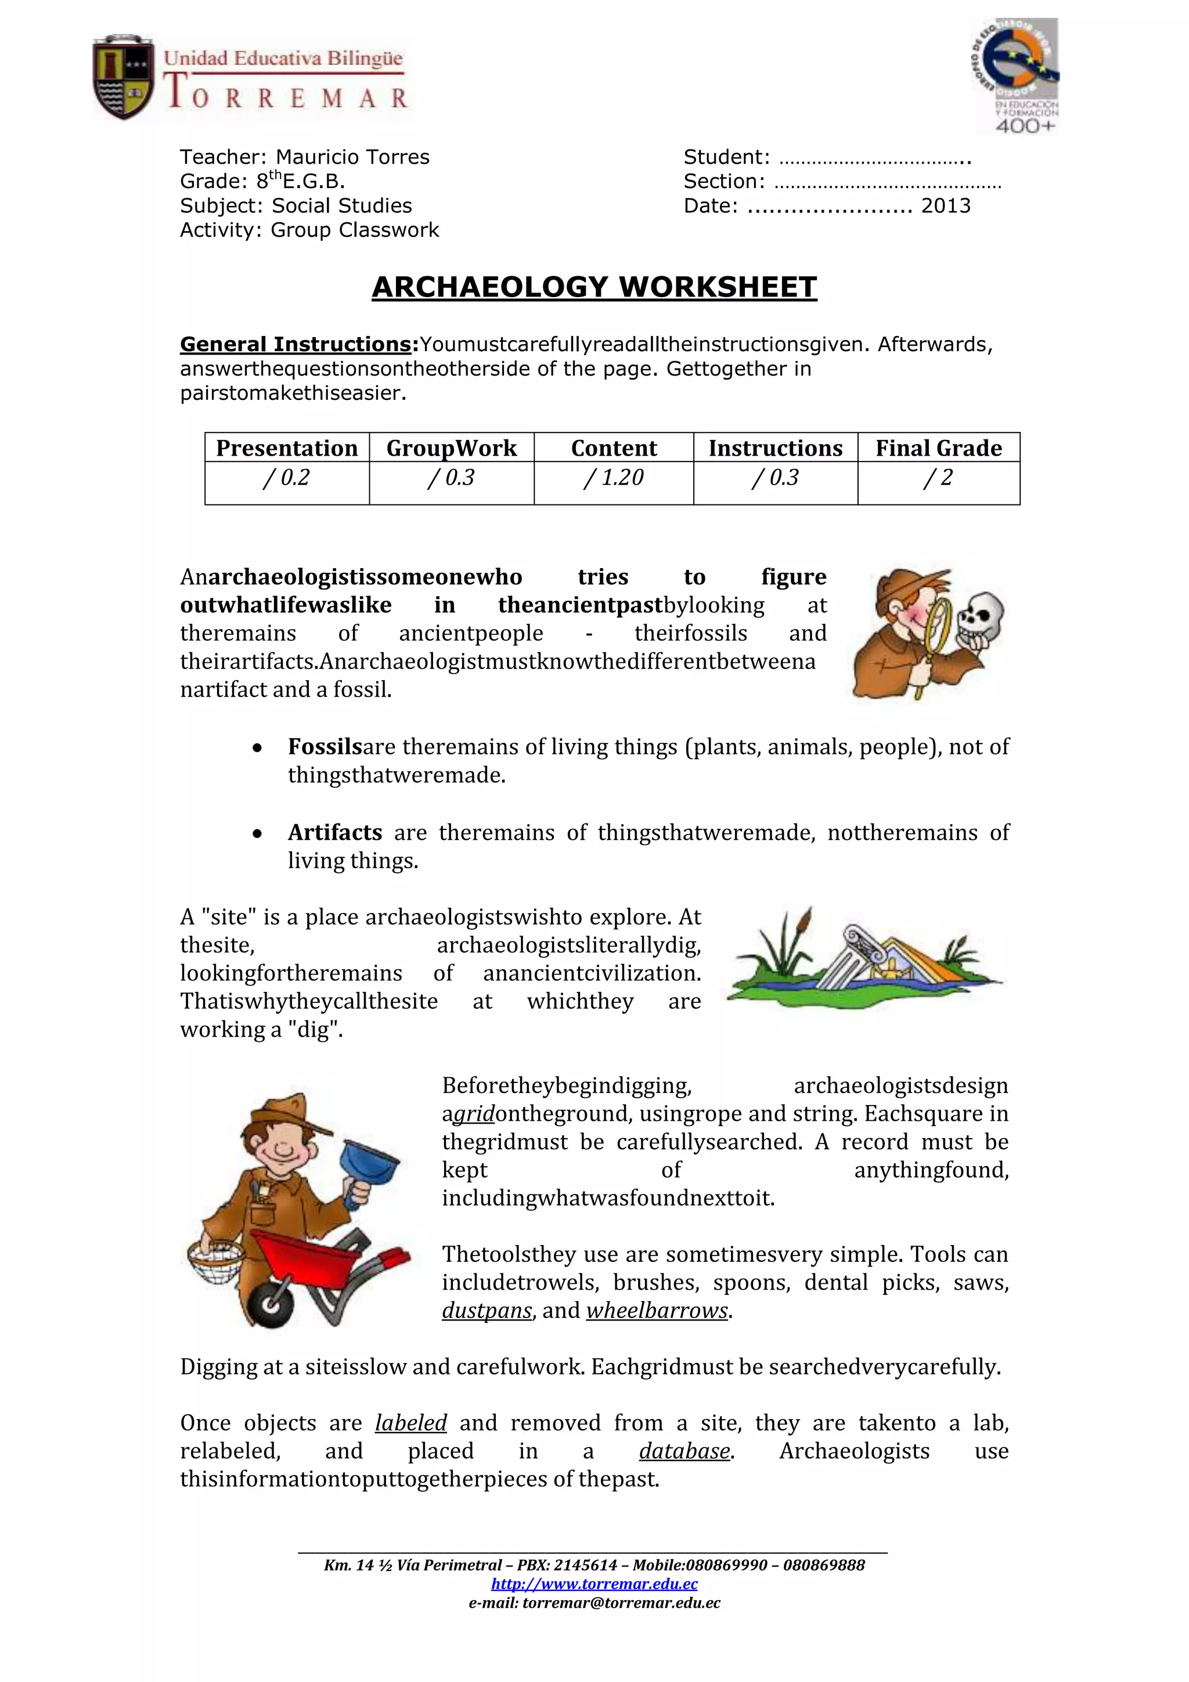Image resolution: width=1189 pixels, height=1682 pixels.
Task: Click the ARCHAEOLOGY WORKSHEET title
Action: click(593, 287)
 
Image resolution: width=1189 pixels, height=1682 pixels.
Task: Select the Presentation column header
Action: click(286, 447)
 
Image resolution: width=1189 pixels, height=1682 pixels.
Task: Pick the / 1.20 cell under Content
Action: click(613, 478)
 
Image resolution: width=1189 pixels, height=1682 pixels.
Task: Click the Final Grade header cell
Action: click(938, 447)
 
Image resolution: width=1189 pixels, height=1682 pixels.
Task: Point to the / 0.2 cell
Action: click(286, 478)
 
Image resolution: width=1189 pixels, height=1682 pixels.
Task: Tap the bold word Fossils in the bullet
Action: click(325, 746)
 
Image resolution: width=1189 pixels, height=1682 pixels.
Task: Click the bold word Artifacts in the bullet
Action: click(335, 832)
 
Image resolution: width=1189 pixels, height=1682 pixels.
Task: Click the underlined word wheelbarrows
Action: click(657, 1310)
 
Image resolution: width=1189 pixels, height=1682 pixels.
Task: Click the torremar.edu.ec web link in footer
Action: click(593, 1584)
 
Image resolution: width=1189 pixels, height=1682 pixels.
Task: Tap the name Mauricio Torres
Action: click(352, 157)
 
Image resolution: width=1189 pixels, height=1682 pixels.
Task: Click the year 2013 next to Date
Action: click(945, 206)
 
